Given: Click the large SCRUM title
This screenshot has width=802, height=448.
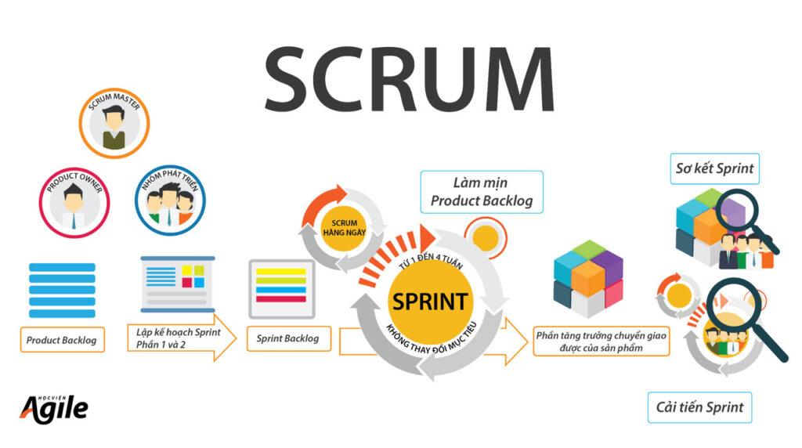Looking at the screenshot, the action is [409, 79].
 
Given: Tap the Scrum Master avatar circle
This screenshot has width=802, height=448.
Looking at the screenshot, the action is [114, 123].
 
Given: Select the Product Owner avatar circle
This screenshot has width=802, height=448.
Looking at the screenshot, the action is [74, 203].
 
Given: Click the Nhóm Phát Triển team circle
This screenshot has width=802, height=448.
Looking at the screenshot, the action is [170, 200].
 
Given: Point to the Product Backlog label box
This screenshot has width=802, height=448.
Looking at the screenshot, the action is [62, 340].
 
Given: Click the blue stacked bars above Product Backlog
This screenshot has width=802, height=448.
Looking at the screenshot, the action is [62, 290].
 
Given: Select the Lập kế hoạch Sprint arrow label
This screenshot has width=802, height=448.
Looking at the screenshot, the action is [182, 338].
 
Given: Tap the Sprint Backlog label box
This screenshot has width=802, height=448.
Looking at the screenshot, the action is [288, 338].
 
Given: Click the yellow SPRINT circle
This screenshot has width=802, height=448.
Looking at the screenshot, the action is [430, 302].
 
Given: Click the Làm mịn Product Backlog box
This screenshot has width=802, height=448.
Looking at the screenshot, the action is [482, 192].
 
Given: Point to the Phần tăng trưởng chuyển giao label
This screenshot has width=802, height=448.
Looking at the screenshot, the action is [601, 341].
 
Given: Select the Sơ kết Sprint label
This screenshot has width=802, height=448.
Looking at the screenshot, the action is [714, 168].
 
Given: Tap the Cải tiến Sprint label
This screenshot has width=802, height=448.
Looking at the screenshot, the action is [699, 407].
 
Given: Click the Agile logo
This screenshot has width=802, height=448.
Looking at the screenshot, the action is [54, 409].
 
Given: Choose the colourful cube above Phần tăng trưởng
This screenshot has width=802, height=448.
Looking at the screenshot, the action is [588, 279].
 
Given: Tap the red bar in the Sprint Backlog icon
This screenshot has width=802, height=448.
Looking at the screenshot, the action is [281, 299].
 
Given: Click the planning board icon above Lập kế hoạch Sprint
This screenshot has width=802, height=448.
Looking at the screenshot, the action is [178, 284].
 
